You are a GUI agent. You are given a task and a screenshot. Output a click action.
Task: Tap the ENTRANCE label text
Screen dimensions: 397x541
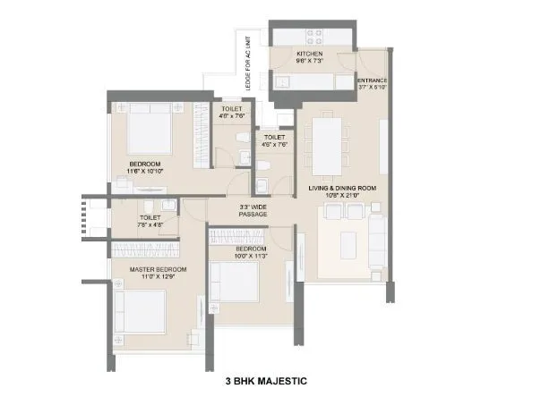point(374,80)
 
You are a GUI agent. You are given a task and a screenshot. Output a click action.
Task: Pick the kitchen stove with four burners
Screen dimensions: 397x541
point(317,37)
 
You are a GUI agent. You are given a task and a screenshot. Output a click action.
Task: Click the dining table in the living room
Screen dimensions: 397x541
point(324,147)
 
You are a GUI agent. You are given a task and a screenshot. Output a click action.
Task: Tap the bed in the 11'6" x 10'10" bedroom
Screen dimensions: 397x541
point(148,131)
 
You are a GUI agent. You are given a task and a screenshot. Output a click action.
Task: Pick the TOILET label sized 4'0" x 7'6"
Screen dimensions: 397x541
point(232,108)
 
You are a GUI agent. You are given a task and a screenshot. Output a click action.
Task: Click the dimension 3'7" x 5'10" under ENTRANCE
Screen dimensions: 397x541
point(374,88)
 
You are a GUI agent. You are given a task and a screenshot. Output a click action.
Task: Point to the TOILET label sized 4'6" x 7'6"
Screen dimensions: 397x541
point(275,137)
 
